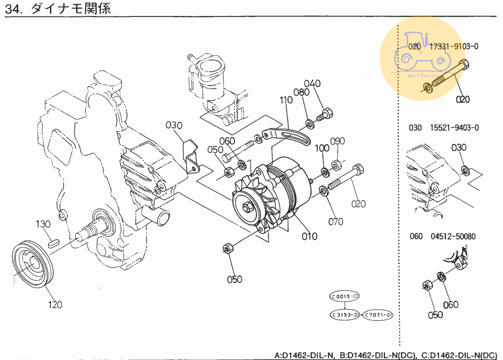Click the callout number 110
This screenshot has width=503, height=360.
286,100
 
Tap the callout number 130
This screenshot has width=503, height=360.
43,224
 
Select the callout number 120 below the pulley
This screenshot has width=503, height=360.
55,304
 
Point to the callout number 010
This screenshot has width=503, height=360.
309,236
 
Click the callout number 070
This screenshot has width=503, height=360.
335,222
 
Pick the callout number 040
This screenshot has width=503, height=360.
312,83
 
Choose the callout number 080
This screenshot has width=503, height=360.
301,92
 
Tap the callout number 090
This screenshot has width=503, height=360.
338,141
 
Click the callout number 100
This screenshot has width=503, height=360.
322,148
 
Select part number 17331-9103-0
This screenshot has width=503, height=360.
454,46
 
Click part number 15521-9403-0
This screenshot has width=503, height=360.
454,128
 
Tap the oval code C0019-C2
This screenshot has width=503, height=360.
345,297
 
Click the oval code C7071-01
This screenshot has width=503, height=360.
378,314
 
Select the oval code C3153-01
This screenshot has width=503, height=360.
345,314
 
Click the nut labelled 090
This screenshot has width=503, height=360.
336,165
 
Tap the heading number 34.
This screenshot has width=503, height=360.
13,9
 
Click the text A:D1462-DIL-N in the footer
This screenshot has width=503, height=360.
304,355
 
